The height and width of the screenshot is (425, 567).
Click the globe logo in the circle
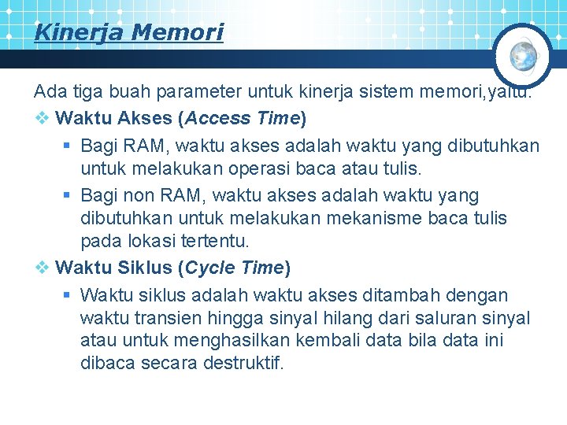click(524, 55)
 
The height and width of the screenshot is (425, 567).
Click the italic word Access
click(210, 119)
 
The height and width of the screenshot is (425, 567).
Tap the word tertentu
click(213, 241)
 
